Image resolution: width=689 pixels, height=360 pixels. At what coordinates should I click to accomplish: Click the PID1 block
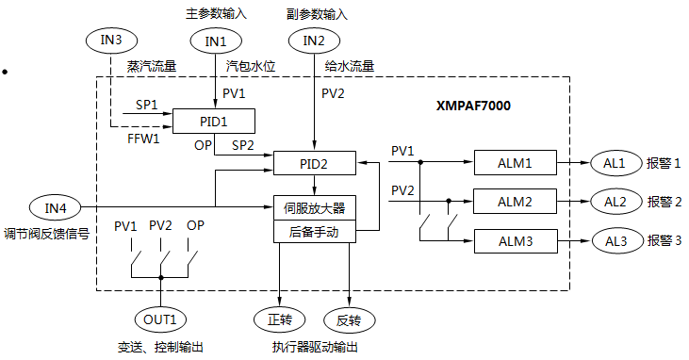tap(214, 122)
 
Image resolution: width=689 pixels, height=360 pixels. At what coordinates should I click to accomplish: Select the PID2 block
tap(315, 163)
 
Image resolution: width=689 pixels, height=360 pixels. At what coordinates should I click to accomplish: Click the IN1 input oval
tap(216, 41)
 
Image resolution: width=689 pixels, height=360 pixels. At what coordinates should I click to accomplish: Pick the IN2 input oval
tap(314, 41)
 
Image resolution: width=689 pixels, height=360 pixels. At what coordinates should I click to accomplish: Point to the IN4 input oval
tap(55, 206)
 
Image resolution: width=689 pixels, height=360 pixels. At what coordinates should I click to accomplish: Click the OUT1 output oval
tap(160, 319)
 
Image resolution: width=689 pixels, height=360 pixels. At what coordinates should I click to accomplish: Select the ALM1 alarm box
tap(516, 163)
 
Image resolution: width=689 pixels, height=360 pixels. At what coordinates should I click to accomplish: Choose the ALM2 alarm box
tap(516, 202)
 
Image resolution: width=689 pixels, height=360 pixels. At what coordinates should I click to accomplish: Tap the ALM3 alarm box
tap(516, 241)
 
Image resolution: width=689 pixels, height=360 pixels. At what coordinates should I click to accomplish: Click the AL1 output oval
tap(615, 163)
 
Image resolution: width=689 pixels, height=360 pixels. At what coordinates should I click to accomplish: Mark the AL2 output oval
tap(615, 202)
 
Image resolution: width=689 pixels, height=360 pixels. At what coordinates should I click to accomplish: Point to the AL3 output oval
tap(615, 241)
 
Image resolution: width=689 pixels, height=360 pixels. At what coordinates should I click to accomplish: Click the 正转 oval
tap(279, 319)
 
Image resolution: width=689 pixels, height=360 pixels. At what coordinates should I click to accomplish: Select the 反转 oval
tap(349, 319)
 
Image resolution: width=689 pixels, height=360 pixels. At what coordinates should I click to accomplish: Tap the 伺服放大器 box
tap(315, 207)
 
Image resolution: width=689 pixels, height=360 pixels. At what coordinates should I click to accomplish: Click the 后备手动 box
tap(315, 231)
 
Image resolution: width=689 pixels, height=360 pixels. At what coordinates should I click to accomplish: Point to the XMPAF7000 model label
tap(473, 106)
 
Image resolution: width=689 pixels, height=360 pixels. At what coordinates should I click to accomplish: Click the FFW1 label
tap(143, 139)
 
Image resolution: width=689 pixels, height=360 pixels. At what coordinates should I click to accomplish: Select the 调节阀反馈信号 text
tap(46, 233)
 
